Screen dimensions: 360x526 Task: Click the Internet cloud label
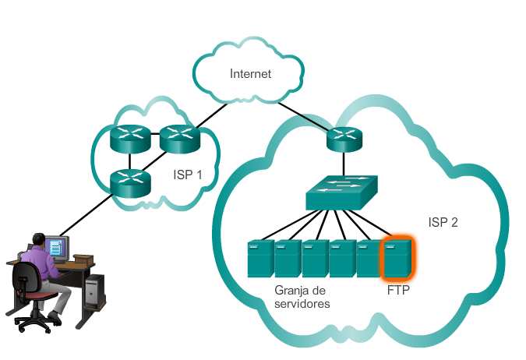click(250, 74)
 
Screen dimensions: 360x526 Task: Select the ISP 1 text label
click(188, 175)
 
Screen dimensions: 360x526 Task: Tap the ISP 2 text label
click(443, 222)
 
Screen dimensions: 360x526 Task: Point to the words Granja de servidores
click(302, 297)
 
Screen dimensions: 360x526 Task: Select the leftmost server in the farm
click(260, 259)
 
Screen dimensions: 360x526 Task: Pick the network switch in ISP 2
click(341, 192)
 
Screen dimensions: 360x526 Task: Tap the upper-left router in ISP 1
click(129, 139)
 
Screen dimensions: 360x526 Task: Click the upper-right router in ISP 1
click(180, 139)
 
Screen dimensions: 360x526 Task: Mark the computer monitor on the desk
click(56, 248)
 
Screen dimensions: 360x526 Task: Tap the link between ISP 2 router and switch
click(341, 164)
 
